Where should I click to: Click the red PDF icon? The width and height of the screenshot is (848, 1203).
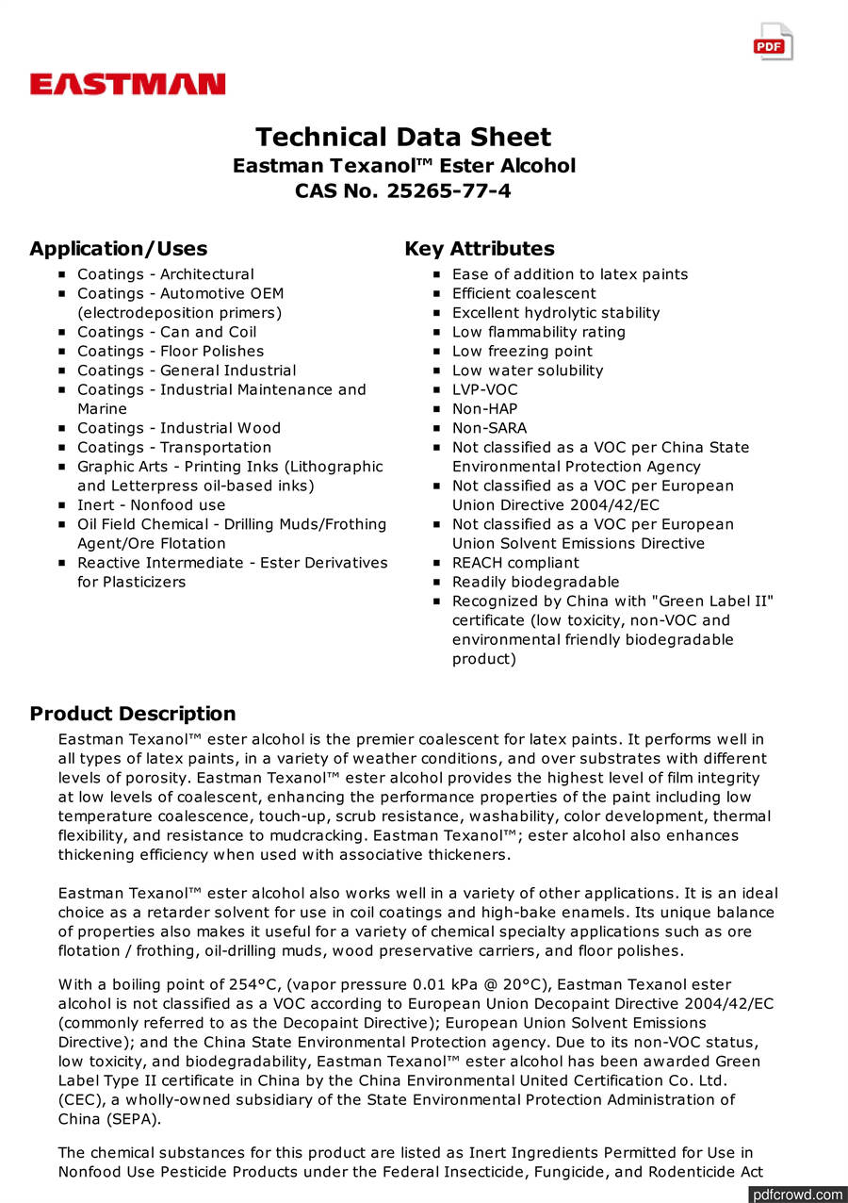click(773, 42)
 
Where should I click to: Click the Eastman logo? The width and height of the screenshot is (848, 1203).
click(127, 85)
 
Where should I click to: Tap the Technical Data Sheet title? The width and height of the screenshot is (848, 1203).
click(403, 138)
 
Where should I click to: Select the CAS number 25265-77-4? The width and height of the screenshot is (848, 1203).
click(447, 190)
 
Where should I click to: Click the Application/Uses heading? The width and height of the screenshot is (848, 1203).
click(118, 249)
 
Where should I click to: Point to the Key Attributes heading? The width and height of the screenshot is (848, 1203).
click(480, 249)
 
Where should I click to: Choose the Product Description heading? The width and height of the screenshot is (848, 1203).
click(132, 714)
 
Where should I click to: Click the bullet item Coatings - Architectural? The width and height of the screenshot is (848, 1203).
click(165, 274)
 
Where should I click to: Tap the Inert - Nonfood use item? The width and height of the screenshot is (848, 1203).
click(151, 505)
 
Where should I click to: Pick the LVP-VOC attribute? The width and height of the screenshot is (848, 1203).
click(484, 389)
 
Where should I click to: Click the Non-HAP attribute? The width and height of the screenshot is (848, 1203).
click(482, 409)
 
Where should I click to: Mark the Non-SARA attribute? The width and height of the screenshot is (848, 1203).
click(489, 428)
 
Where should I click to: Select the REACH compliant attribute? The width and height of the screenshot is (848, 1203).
click(515, 563)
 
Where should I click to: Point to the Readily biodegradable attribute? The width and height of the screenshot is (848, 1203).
click(535, 582)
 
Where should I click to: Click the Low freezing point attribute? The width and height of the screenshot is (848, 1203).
click(522, 352)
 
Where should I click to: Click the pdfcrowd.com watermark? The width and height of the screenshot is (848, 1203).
click(797, 1195)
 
